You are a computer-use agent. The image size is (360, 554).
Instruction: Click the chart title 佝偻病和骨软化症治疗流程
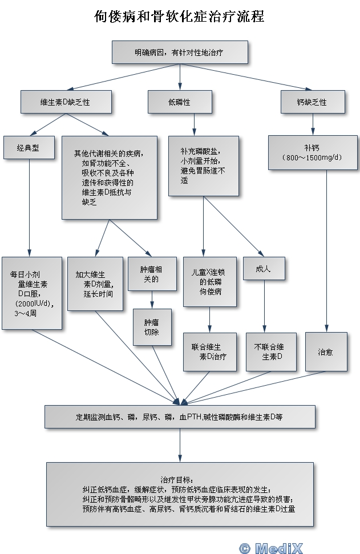click(x=179, y=17)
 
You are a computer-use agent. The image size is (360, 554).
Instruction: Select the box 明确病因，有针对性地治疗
click(x=179, y=52)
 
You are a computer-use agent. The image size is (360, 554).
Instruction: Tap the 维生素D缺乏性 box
click(x=64, y=102)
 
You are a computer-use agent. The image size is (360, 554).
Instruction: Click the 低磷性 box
click(x=179, y=102)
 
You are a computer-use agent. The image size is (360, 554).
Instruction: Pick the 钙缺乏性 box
click(x=312, y=102)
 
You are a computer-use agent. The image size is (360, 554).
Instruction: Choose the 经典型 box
click(x=29, y=147)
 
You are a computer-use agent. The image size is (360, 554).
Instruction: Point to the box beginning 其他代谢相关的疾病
click(x=108, y=177)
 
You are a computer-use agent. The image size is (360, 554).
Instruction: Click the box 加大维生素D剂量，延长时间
click(x=95, y=283)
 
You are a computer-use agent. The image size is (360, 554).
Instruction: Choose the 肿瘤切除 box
click(x=151, y=327)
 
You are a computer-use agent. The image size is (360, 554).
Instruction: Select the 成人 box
click(x=264, y=268)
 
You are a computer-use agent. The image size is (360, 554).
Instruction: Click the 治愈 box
click(x=325, y=352)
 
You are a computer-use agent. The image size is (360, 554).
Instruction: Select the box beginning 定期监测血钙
click(x=179, y=416)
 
